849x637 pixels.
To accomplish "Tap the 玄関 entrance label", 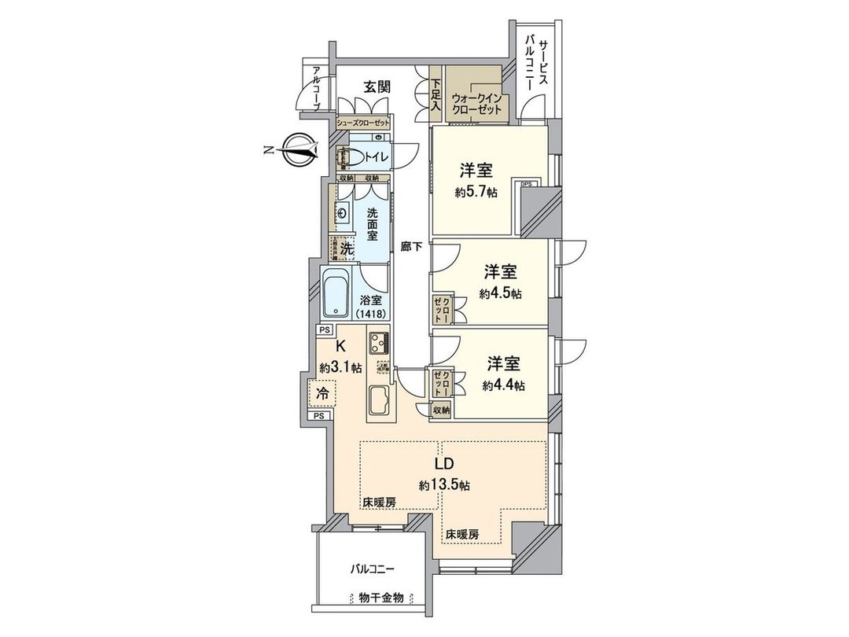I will point(377,87).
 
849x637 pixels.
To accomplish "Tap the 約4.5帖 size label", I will point(501,293).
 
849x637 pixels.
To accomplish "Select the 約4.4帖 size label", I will point(504,385).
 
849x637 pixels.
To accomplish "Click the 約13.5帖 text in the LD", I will point(444,485).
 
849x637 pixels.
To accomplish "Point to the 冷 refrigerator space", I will point(322,392).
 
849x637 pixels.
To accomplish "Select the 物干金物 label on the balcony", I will point(377,598).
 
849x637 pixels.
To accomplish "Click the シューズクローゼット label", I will point(363,123).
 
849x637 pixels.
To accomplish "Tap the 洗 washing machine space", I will point(347,247).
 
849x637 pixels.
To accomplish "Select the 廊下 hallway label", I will point(411,246).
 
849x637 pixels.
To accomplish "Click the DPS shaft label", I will point(526,184).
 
